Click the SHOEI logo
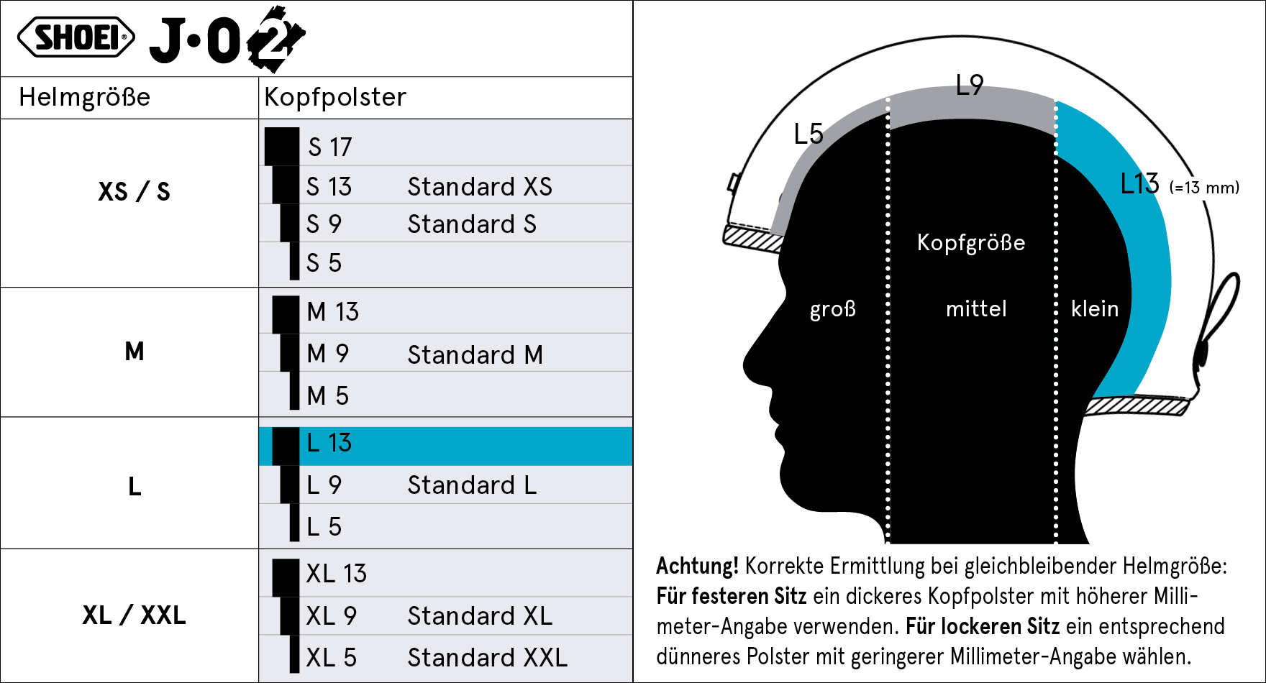[x=76, y=37]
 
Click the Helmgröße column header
[x=85, y=97]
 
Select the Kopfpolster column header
[x=335, y=97]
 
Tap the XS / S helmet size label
[x=134, y=192]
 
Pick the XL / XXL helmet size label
[x=134, y=615]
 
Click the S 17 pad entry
[x=330, y=147]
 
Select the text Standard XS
[x=480, y=187]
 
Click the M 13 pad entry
[x=332, y=312]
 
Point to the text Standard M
[x=475, y=355]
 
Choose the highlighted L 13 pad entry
[x=329, y=443]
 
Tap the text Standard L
[x=472, y=485]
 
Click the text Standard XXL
[x=487, y=658]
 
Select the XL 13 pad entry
[x=336, y=574]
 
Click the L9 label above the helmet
[x=969, y=86]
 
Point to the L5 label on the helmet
[x=808, y=134]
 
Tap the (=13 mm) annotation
[x=1204, y=188]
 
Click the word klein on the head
[x=1094, y=309]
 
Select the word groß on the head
[x=833, y=309]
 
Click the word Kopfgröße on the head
[x=971, y=243]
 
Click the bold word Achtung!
[x=697, y=567]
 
